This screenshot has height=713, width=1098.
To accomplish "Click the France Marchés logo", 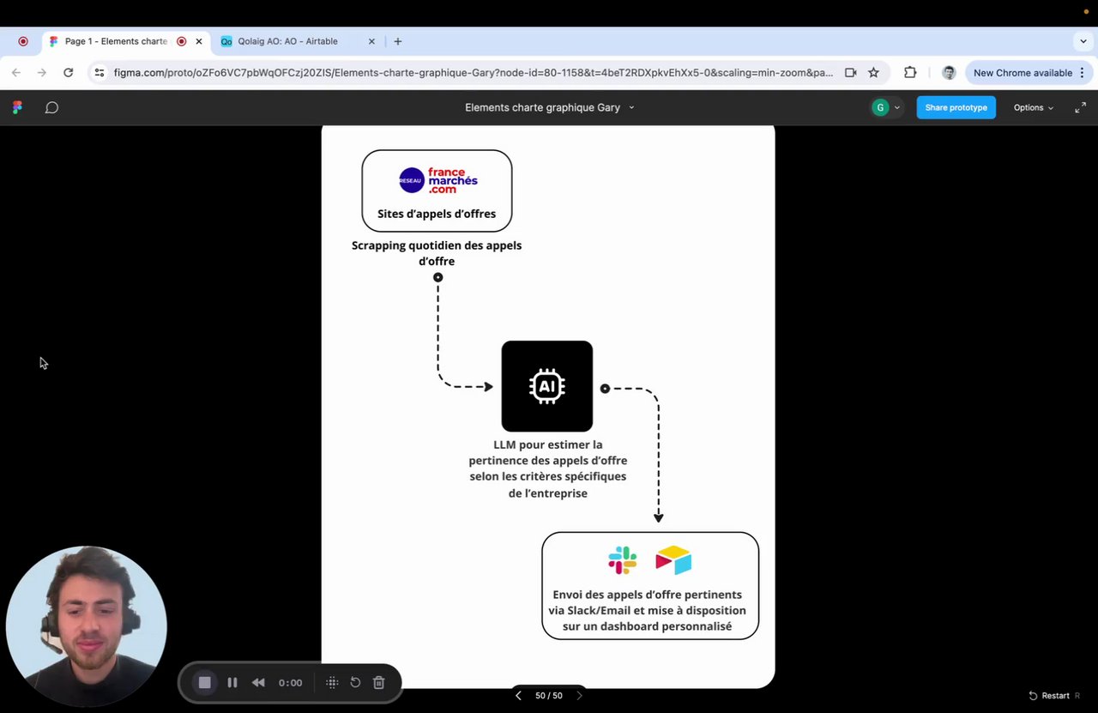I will [x=437, y=180].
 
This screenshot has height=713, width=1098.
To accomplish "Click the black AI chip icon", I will [x=547, y=386].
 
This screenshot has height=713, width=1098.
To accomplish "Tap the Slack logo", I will [x=622, y=560].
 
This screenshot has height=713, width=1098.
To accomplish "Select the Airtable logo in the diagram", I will [x=673, y=560].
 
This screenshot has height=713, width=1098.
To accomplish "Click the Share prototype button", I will [x=956, y=107].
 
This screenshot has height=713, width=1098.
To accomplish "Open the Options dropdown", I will [x=1033, y=107].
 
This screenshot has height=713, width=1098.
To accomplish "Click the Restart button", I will [x=1049, y=696].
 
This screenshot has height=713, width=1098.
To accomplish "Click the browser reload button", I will [x=69, y=73].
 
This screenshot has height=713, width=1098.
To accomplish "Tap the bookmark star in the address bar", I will [x=873, y=73].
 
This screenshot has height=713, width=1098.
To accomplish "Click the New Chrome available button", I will [x=1023, y=73].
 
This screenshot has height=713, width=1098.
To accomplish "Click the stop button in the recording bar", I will [x=204, y=683].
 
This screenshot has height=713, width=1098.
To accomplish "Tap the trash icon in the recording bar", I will [x=378, y=683].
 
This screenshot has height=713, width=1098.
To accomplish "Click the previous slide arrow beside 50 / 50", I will [x=518, y=696].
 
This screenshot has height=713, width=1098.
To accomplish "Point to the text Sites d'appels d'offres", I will [x=437, y=214].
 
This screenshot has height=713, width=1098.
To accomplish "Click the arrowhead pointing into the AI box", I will [x=489, y=387].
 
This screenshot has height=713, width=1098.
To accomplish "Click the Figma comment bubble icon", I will [x=51, y=107].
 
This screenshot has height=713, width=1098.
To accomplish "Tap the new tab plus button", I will [x=397, y=41].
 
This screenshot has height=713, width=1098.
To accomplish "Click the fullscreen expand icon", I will [x=1080, y=107].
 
